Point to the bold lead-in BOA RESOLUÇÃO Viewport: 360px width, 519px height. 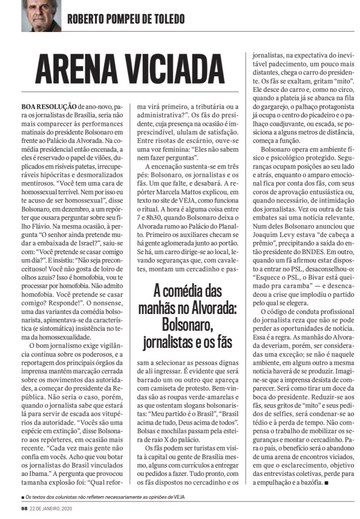(49, 108)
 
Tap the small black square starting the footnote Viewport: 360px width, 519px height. (23, 497)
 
